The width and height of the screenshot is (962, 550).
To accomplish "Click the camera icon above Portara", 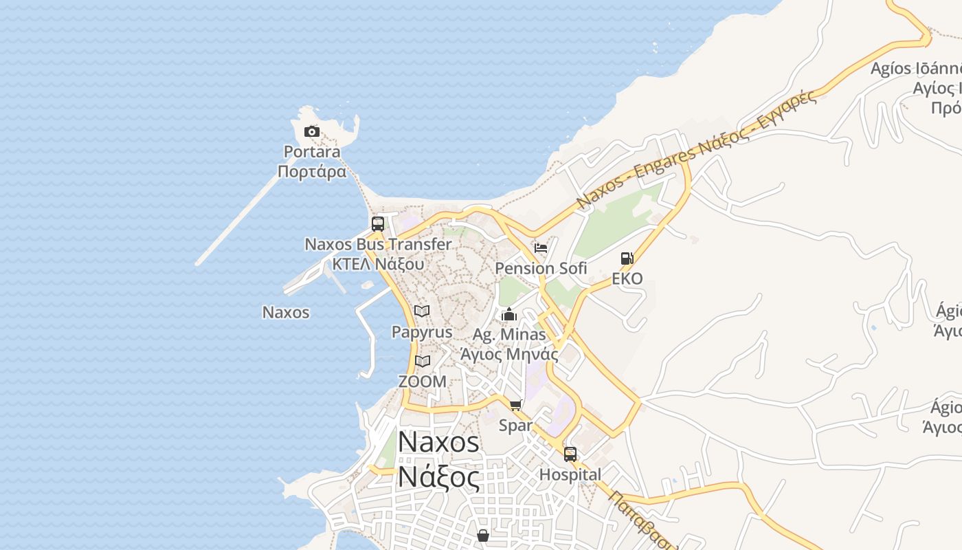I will [x=312, y=131].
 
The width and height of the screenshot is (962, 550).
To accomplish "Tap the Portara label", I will [x=312, y=151].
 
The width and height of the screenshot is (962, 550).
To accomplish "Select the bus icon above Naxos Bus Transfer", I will [x=377, y=223].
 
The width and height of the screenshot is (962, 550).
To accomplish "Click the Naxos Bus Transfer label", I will [x=378, y=244].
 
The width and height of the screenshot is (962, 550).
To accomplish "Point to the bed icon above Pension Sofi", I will [x=541, y=248].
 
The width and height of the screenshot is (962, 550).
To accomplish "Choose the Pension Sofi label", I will [x=541, y=268].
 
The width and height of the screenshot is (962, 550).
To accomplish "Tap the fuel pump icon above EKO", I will [x=627, y=258].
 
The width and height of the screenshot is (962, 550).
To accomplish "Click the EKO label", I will [x=627, y=278].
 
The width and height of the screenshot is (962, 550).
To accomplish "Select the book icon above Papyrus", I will [x=422, y=311].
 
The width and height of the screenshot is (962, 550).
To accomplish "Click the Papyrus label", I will [x=422, y=332].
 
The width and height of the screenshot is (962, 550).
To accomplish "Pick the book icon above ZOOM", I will [x=422, y=361].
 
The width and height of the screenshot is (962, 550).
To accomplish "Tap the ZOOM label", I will [x=422, y=381].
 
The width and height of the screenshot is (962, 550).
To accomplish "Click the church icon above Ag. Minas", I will [x=509, y=315].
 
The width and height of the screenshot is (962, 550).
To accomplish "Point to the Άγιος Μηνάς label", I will [x=509, y=354].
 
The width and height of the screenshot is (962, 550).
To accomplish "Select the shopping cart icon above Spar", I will [x=516, y=405].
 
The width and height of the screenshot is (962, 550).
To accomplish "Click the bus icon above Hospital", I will [x=570, y=454].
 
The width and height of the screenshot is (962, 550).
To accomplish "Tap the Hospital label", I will [x=570, y=474].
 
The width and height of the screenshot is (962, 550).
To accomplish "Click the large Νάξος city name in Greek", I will [x=439, y=476].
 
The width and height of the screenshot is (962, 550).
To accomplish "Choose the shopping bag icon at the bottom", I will [x=483, y=535].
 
